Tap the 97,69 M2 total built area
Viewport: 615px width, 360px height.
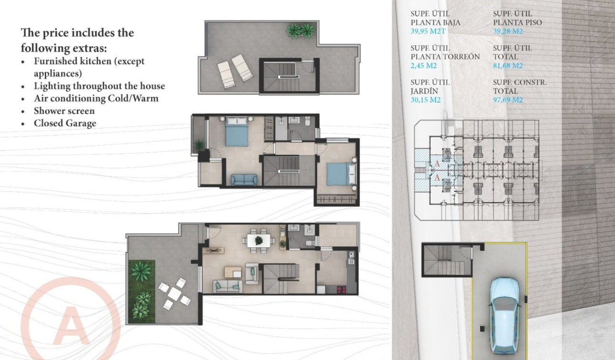click(x=508, y=100)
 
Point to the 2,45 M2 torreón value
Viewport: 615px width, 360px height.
click(x=424, y=66)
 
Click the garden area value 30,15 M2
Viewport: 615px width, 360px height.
click(x=425, y=100)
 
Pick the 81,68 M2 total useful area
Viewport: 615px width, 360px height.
click(x=508, y=66)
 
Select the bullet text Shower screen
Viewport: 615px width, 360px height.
click(x=64, y=111)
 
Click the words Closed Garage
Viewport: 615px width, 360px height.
click(x=65, y=123)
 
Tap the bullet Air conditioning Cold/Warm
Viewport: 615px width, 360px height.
click(x=96, y=99)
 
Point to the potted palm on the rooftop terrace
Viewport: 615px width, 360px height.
click(x=300, y=31)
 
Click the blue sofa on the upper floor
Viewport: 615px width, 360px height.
click(x=244, y=180)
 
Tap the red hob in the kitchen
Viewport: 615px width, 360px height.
click(x=341, y=289)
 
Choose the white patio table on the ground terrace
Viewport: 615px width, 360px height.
click(x=174, y=295)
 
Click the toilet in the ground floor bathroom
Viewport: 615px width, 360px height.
click(x=309, y=243)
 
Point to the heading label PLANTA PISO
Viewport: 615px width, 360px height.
click(x=517, y=22)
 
